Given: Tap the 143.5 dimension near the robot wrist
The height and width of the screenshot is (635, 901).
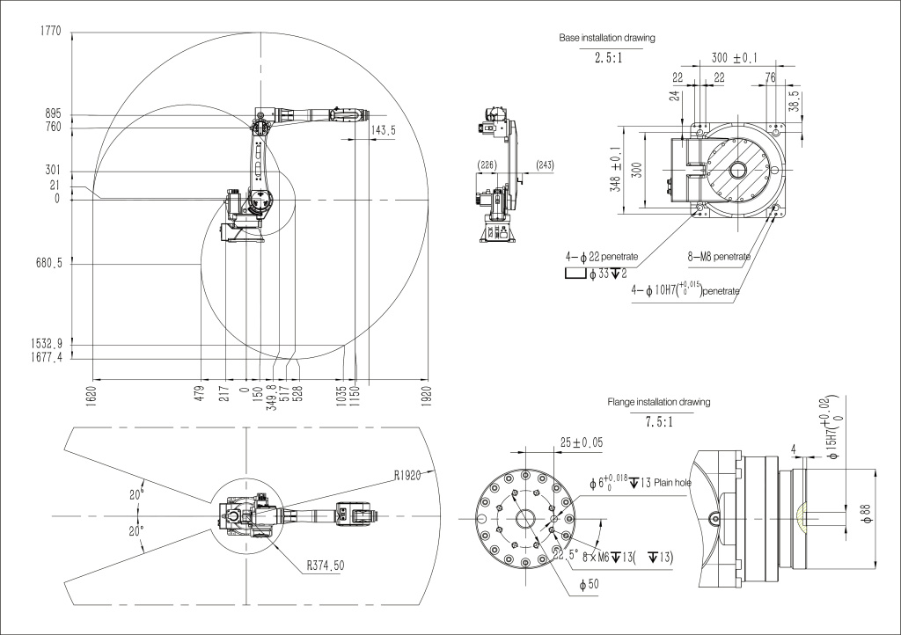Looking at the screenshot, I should pos(383,129).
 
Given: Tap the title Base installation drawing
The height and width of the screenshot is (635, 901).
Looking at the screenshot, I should pos(606,39).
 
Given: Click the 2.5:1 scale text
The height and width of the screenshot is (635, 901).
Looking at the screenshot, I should pos(610,58).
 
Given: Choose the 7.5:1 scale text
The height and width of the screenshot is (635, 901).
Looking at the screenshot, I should pos(658,421).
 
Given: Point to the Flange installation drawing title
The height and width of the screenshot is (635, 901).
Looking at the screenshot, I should pos(658,402).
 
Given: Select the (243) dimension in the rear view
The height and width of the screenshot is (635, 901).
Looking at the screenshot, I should pos(544,164).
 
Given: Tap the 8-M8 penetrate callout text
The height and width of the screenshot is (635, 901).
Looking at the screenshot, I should pos(719,257).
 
